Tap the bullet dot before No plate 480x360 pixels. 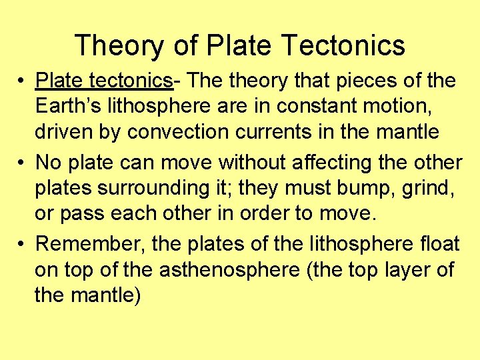(x=23, y=163)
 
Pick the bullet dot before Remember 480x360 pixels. (x=23, y=245)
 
